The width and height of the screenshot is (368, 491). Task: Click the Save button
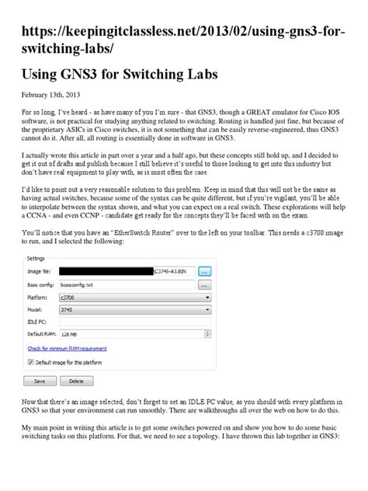pos(40,381)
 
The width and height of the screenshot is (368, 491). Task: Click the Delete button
pos(76,381)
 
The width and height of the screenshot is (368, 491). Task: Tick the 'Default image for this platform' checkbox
pos(32,362)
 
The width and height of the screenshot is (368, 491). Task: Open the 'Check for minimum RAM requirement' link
pos(68,349)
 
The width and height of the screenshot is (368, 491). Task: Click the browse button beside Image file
pos(204,271)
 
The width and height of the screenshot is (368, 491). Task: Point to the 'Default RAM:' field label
pos(43,334)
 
